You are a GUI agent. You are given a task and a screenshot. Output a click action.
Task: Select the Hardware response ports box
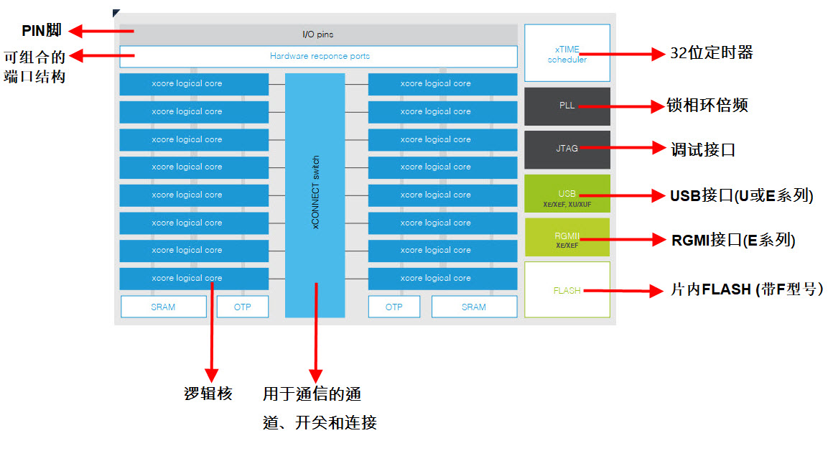[319, 56]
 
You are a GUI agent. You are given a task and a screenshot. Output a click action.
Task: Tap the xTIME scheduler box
[567, 53]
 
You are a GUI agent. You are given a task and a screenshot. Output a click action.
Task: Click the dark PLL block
[567, 106]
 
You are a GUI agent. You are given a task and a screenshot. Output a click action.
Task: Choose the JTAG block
[567, 148]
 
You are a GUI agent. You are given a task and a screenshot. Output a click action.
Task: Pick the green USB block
[567, 194]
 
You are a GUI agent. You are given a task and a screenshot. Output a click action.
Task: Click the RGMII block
[567, 237]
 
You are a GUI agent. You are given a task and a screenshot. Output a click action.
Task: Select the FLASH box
[567, 290]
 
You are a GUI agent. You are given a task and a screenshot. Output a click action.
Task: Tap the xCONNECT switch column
[315, 194]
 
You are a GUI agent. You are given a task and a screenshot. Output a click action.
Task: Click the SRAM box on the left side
[163, 307]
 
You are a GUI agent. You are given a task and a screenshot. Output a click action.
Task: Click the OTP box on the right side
[394, 307]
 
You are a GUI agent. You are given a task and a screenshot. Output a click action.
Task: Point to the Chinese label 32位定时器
[711, 53]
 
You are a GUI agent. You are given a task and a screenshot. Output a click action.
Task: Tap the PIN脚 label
[42, 30]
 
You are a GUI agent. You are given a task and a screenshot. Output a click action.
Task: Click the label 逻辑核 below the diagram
[208, 394]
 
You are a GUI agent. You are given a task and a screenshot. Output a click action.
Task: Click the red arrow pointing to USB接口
[625, 195]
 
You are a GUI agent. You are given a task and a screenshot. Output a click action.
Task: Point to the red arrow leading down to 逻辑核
[211, 330]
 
